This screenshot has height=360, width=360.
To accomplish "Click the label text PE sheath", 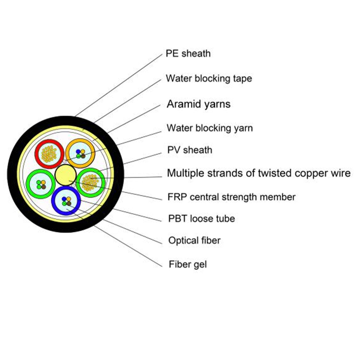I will coord(188,54).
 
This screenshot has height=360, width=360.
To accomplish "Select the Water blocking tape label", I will coord(208,78).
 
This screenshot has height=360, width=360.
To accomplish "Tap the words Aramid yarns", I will coord(198,104).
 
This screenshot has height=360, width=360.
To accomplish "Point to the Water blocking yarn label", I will coord(210,128).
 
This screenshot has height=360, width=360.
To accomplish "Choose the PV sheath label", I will coord(190,150).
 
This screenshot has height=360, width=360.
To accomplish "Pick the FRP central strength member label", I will coord(231,197).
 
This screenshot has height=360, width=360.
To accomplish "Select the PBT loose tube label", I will coord(201,219).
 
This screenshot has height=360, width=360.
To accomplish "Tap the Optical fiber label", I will coord(194,240).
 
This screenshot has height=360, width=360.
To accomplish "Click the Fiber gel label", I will coord(188,265).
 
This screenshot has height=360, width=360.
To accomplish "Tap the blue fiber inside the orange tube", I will coord(78,152).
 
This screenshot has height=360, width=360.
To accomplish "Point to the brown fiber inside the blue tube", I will coord(68,203).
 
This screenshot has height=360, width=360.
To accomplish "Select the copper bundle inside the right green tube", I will coord(91,182).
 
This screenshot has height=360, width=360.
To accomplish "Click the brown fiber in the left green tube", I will coord(43,187).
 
